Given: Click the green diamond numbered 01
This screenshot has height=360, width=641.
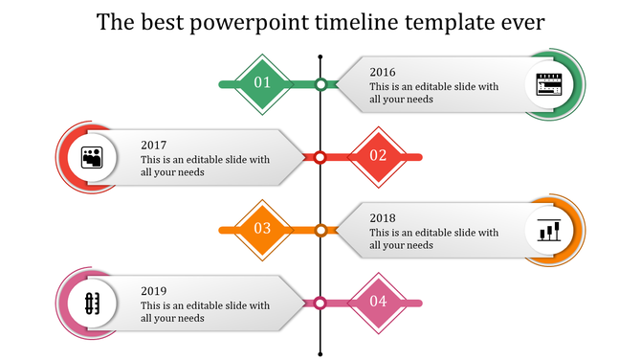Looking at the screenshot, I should [262, 83].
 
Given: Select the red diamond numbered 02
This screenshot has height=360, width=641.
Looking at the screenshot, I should [378, 156].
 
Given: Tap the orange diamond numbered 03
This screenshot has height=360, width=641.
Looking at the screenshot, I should [262, 229].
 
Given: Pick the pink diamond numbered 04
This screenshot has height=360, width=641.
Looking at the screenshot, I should [378, 302].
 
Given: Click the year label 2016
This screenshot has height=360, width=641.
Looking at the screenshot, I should [382, 71].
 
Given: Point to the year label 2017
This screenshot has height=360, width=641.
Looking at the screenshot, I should [153, 145].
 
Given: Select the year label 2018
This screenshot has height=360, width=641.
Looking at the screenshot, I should [382, 217].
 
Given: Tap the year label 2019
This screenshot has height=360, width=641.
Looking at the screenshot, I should [153, 290].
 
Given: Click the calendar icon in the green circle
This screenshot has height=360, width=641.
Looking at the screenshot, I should [549, 84].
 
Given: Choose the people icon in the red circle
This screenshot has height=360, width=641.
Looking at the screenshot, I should [92, 157].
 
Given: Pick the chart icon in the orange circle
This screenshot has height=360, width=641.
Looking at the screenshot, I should [549, 230].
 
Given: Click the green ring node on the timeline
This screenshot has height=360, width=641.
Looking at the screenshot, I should [321, 84].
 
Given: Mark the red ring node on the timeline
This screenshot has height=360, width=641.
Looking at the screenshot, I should [321, 157].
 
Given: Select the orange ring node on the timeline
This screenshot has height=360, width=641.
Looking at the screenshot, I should [321, 230].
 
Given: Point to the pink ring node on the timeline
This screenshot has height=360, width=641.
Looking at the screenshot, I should [321, 303].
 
